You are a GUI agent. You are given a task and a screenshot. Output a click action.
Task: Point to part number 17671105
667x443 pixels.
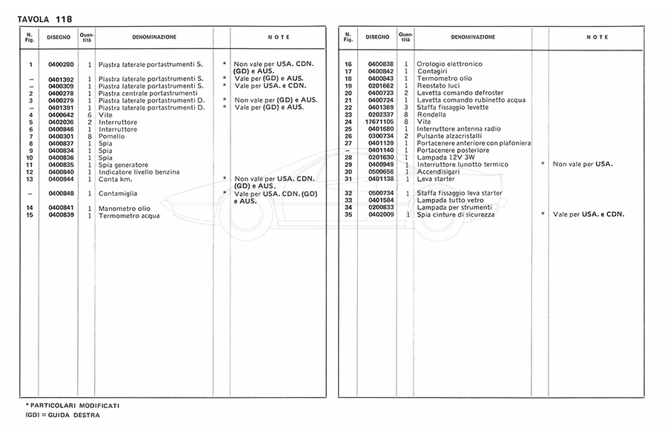pyautogui.click(x=377, y=122)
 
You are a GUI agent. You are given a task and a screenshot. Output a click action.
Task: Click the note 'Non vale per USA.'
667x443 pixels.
pyautogui.click(x=583, y=164)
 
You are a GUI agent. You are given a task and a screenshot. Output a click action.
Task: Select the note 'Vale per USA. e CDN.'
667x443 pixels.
pyautogui.click(x=589, y=214)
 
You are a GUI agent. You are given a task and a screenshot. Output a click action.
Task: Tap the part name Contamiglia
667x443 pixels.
pyautogui.click(x=119, y=194)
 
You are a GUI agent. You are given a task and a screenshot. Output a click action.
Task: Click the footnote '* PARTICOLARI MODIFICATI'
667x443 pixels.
pyautogui.click(x=73, y=406)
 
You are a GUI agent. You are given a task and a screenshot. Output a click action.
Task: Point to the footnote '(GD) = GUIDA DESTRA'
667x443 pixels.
pyautogui.click(x=62, y=416)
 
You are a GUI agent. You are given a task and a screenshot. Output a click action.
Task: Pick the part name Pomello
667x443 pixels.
pyautogui.click(x=110, y=136)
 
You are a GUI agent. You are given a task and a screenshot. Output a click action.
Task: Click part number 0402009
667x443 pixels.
pyautogui.click(x=380, y=214)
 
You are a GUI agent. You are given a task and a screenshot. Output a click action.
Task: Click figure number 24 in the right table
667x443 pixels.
pyautogui.click(x=348, y=122)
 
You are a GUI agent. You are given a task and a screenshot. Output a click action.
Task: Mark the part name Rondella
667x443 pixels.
pyautogui.click(x=432, y=114)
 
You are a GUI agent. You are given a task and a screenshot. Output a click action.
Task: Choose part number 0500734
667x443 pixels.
pyautogui.click(x=380, y=193)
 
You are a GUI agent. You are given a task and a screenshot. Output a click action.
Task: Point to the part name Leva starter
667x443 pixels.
pyautogui.click(x=437, y=179)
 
